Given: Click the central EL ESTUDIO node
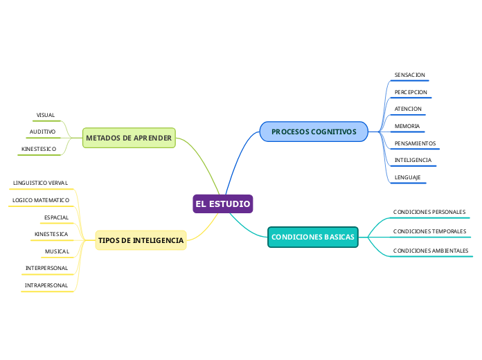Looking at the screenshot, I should [x=223, y=204].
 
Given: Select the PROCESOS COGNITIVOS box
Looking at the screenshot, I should [x=314, y=131].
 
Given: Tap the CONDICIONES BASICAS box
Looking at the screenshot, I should [x=312, y=237].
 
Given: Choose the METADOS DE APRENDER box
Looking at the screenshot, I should [x=129, y=138].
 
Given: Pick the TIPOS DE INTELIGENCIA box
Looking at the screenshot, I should [x=141, y=240].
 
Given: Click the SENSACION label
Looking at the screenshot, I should [x=409, y=75].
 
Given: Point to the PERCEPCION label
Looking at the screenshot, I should [x=411, y=92].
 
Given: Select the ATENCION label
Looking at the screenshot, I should [x=408, y=109].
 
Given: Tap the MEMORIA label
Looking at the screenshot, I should [x=407, y=126].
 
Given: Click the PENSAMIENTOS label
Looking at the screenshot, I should [x=415, y=143].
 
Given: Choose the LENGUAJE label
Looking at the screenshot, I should [x=407, y=177].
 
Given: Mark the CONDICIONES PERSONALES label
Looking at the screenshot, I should [x=429, y=212].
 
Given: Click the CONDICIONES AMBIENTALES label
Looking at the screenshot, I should [x=431, y=251].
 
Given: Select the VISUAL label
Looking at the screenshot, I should [x=46, y=115].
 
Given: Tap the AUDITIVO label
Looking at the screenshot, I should [x=42, y=132].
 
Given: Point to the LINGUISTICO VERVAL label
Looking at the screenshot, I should [x=40, y=183].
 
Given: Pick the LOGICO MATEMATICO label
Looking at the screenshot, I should [x=41, y=200].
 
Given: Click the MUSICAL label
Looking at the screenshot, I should [x=57, y=251].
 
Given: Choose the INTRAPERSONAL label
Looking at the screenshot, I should [x=46, y=285].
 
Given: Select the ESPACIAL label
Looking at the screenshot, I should [x=56, y=217].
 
